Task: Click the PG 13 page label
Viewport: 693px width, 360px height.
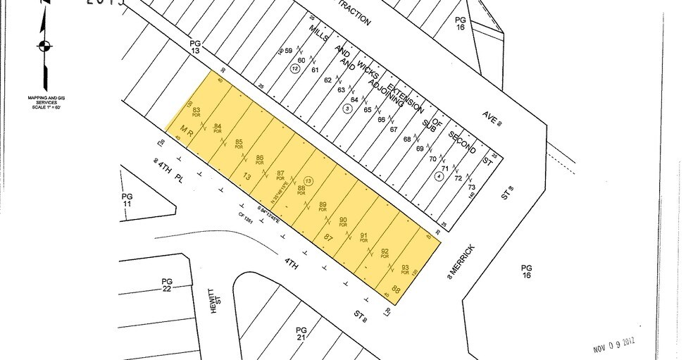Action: coord(196,46)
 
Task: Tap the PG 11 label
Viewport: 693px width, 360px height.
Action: coord(127,199)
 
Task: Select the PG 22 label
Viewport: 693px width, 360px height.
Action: coord(167,283)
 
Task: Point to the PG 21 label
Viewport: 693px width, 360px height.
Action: coord(301,333)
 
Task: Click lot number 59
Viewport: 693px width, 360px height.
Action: coord(288,51)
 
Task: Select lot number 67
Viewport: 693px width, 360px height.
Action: coord(394,129)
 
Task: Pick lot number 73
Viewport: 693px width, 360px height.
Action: coord(472,187)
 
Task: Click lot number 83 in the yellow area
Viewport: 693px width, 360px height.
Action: coord(197,111)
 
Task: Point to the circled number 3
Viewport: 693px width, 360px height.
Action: coord(347,109)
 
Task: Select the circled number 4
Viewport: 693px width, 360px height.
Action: coord(440,176)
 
